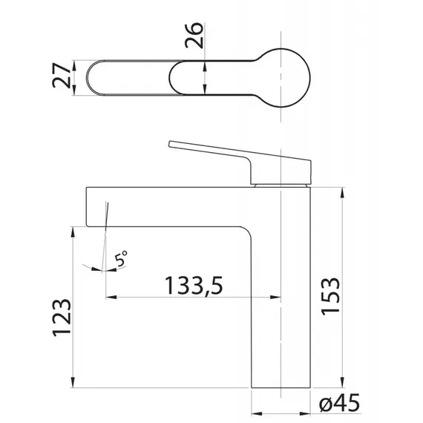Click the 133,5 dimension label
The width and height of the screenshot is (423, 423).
[194, 286]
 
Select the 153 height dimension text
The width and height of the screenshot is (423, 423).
[330, 296]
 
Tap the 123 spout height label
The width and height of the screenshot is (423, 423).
[62, 318]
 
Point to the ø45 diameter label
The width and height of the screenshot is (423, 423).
[339, 403]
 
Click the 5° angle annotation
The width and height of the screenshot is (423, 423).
[120, 258]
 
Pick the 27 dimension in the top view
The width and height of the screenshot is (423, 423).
[62, 76]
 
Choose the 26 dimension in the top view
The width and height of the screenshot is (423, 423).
[194, 36]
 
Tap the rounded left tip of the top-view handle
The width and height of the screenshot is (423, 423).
[88, 78]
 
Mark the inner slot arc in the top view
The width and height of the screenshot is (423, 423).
[169, 78]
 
